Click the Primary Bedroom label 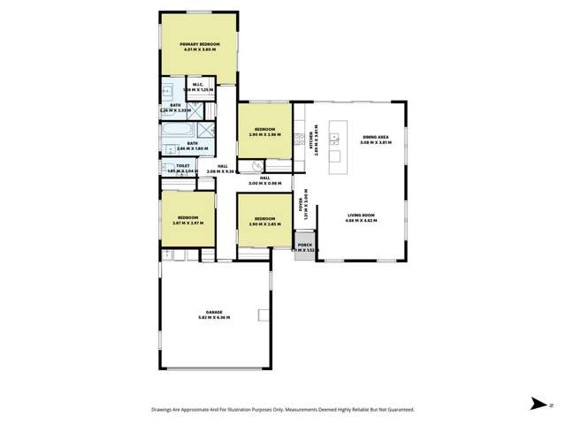[199, 44]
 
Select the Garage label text [214, 314]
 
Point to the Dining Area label [376, 136]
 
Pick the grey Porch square [304, 248]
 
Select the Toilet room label [183, 164]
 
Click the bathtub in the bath [171, 132]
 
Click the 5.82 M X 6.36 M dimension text [214, 319]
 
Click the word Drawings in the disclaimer [166, 410]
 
